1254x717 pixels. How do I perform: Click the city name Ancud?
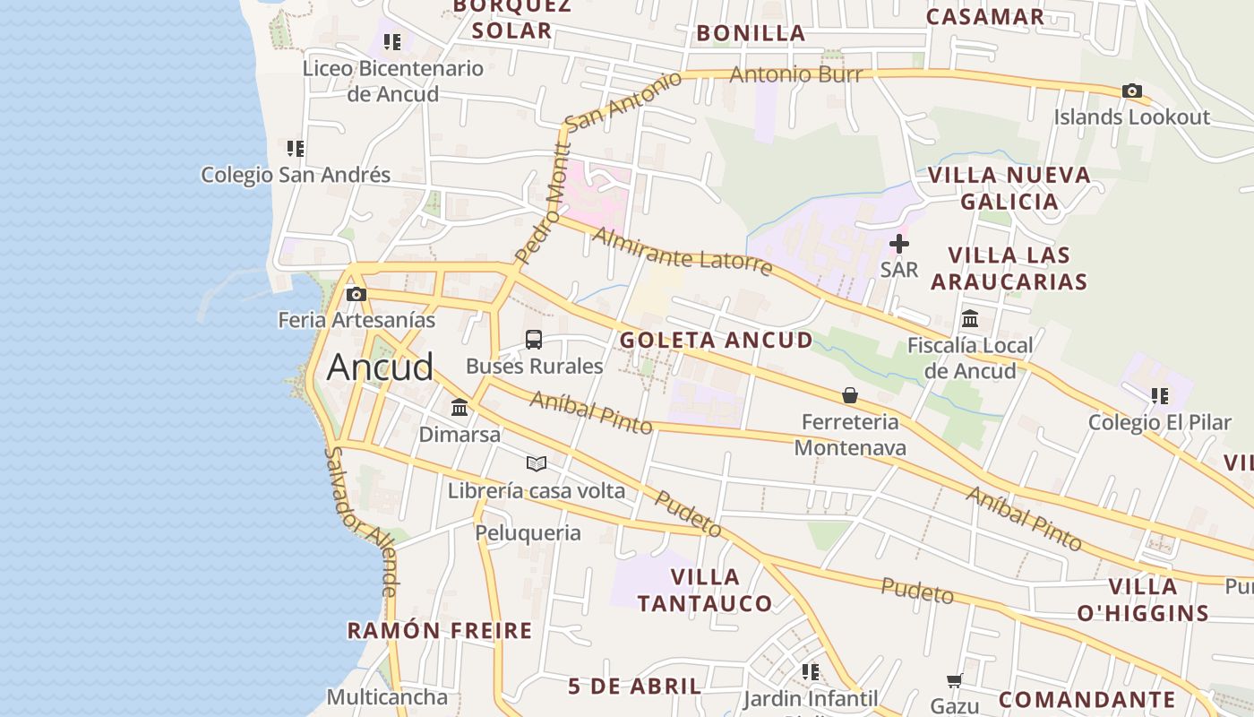(380, 367)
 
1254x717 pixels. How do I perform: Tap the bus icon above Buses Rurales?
(534, 340)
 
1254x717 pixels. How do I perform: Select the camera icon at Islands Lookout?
(1132, 91)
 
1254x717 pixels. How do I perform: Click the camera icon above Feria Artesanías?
(356, 294)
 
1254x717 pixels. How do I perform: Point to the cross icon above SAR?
(899, 244)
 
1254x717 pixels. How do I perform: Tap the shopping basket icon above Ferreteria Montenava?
(849, 395)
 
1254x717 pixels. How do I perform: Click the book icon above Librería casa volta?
(537, 463)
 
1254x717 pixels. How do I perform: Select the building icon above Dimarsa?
(460, 408)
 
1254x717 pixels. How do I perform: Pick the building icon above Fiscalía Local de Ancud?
(970, 319)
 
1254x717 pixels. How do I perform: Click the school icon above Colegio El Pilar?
(1160, 395)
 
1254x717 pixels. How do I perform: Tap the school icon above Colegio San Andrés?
(296, 148)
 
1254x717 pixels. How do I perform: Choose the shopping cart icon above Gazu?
(955, 681)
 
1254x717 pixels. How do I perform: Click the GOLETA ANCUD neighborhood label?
(717, 341)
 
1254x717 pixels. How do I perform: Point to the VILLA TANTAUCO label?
(705, 590)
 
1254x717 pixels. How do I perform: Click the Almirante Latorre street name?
(682, 252)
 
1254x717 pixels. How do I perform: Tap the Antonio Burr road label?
(795, 75)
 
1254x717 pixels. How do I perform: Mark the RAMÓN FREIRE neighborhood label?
(440, 631)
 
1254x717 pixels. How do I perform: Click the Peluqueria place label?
(528, 533)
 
